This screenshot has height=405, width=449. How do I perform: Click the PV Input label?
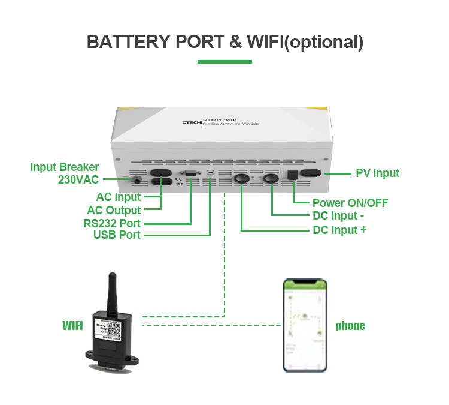point(377,173)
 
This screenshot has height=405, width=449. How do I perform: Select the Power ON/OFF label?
point(350,203)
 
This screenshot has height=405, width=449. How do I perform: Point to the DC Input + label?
point(339,230)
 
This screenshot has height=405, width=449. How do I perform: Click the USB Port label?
point(117,235)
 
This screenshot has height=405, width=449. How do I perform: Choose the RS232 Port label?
point(112,223)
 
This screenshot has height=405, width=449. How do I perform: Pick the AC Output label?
point(114,210)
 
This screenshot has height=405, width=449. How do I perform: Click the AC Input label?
point(119,197)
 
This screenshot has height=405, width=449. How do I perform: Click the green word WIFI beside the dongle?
point(72,326)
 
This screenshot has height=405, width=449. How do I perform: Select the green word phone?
point(350,326)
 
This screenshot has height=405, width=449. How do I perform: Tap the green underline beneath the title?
point(224,61)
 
